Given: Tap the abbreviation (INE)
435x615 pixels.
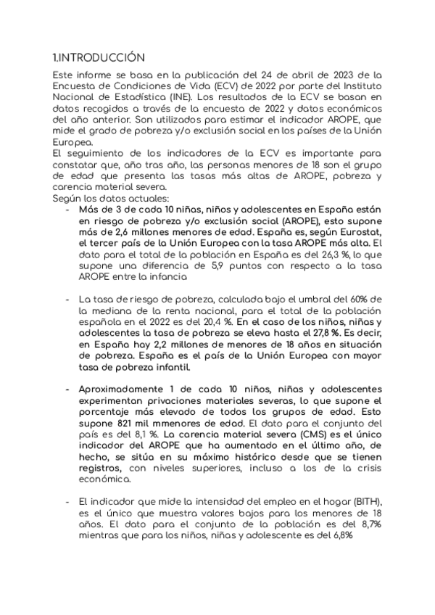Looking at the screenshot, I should click(x=184, y=98).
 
